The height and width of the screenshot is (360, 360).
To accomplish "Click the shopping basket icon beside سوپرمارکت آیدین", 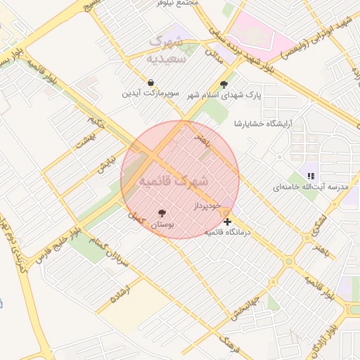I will tap(150, 83).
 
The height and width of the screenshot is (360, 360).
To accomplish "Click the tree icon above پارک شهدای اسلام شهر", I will tap(224, 84).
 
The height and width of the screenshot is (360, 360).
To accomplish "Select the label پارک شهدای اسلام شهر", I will tap(224, 95).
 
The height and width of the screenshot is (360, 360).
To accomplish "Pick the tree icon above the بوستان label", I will tap(162, 212).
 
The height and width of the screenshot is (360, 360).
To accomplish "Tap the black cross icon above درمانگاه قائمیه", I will tap(227, 221).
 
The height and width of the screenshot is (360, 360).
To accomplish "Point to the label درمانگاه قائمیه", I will tap(228, 231).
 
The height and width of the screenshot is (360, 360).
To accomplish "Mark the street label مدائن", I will tap(214, 56).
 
